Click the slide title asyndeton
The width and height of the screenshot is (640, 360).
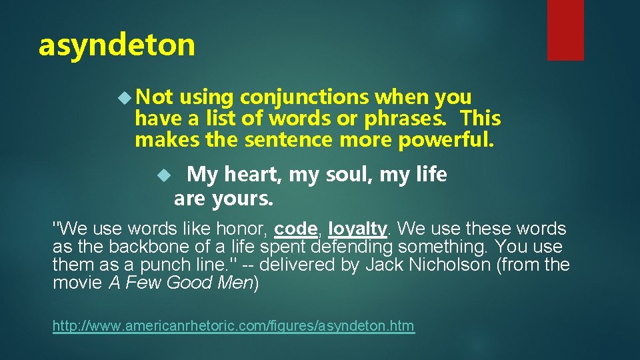pyautogui.click(x=117, y=45)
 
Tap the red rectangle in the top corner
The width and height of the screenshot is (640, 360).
pyautogui.click(x=565, y=30)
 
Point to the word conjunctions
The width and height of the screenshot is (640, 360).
pyautogui.click(x=305, y=97)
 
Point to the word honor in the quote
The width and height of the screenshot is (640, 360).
pyautogui.click(x=243, y=229)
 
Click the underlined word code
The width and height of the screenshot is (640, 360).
pyautogui.click(x=295, y=229)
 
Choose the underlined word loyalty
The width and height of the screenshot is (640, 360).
pyautogui.click(x=357, y=229)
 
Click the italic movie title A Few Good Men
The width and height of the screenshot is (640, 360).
pyautogui.click(x=181, y=283)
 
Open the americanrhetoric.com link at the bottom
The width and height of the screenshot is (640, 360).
pyautogui.click(x=233, y=326)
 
